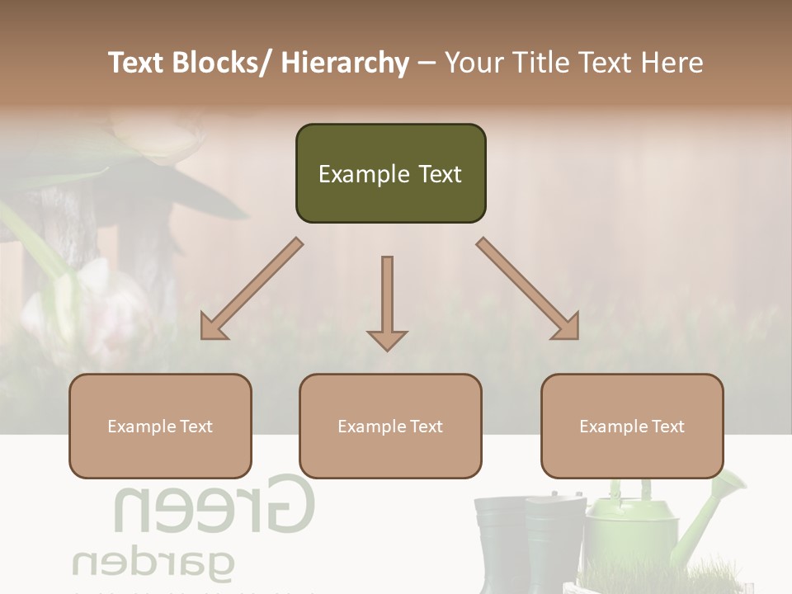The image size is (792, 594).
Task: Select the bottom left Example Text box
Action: tap(160, 427)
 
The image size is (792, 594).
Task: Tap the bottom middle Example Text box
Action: tap(390, 427)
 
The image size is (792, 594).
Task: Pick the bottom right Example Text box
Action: tap(632, 427)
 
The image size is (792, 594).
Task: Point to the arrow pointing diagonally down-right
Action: tap(529, 290)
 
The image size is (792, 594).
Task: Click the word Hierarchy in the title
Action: tap(345, 64)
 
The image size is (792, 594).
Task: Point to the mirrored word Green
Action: tap(214, 505)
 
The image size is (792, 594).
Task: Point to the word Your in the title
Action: tap(473, 64)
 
